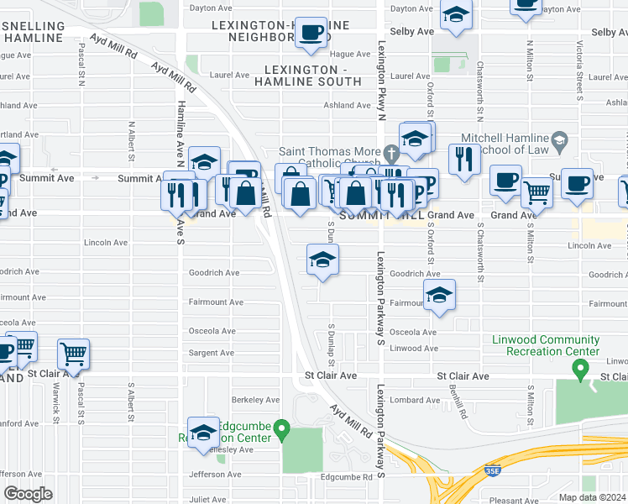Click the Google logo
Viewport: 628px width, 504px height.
tap(28, 494)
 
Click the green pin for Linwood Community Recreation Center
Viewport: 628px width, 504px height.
tap(579, 369)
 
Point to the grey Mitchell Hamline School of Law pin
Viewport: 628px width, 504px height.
tap(560, 139)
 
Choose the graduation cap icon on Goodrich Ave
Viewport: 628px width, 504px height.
tap(322, 260)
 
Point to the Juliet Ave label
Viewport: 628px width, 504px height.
tap(206, 499)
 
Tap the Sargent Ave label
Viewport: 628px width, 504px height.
tap(211, 354)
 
